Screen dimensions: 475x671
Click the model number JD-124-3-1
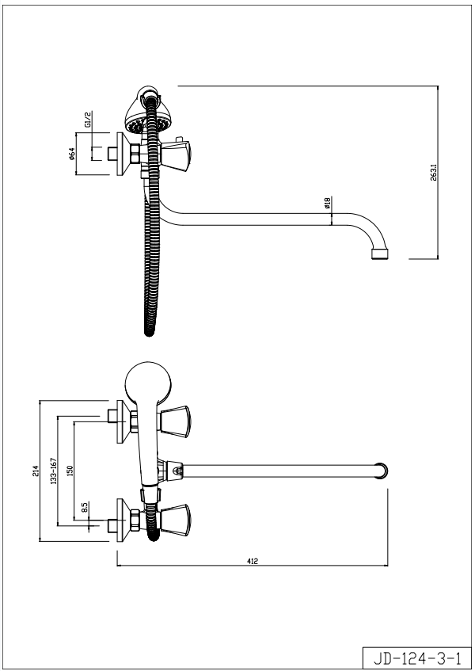[417, 658]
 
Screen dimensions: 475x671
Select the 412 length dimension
[253, 561]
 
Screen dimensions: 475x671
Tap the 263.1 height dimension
[434, 173]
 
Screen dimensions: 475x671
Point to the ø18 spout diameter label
[327, 203]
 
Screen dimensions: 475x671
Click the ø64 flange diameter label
[71, 154]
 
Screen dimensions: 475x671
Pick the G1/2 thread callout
[87, 120]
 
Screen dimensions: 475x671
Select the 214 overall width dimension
[36, 471]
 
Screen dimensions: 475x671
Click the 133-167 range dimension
[54, 471]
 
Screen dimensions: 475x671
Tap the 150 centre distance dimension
[70, 471]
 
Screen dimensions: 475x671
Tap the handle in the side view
[175, 157]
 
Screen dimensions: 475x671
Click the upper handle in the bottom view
[174, 421]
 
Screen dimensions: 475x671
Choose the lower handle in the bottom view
[174, 520]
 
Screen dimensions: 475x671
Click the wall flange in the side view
[123, 154]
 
